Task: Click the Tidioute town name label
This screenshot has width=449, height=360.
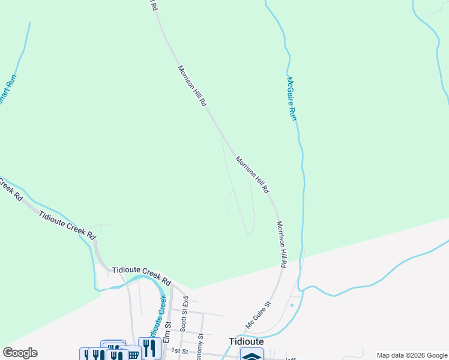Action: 246,341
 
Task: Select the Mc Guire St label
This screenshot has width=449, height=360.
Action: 259,315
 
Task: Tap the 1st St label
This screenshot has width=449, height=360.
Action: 180,350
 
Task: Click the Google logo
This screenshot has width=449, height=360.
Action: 20,353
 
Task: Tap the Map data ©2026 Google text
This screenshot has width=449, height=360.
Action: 412,355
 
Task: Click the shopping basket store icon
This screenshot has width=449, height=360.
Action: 133,354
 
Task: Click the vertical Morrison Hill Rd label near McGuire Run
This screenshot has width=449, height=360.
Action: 282,244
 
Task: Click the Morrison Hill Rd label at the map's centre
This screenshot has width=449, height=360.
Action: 252,175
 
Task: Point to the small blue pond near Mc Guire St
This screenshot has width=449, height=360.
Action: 292,305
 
